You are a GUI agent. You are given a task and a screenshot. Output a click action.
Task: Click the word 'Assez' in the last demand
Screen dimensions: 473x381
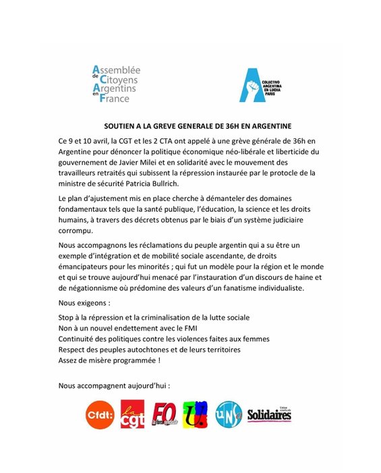click(x=69, y=360)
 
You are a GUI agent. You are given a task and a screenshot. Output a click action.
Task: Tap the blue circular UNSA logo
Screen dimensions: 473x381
click(x=228, y=414)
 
